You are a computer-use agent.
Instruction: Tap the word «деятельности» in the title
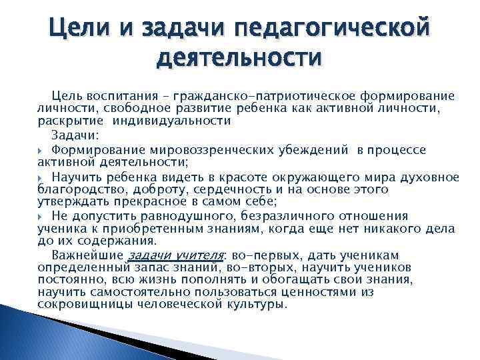(239, 61)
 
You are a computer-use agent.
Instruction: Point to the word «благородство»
(78, 189)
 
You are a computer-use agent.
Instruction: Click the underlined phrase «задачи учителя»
(175, 256)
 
